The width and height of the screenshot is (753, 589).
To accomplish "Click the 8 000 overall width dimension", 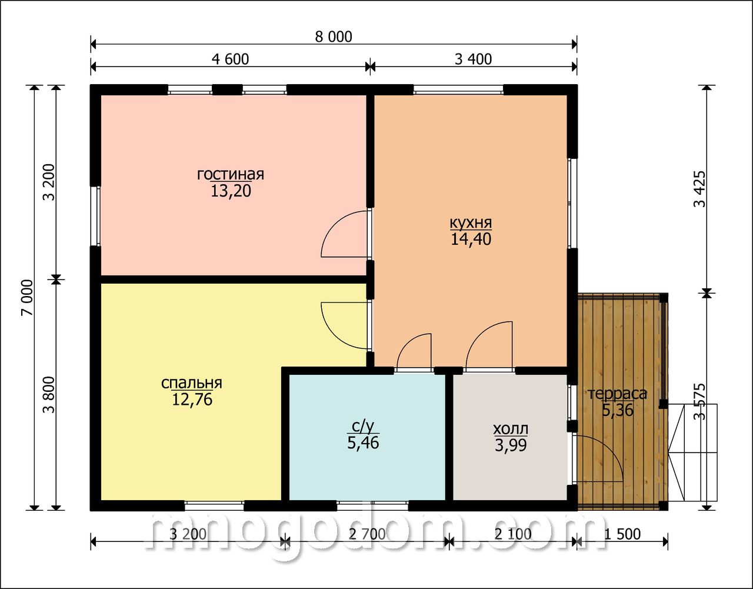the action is [334, 36].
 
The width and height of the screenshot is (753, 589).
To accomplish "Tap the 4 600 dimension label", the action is [230, 59].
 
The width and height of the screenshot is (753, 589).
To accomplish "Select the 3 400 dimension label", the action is [473, 59].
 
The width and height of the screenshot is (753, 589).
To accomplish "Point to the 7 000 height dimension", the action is [28, 297].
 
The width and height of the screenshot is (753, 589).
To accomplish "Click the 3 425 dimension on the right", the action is [699, 189].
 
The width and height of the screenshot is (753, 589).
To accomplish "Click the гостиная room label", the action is [231, 174].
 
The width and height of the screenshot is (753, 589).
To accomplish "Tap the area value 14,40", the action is [471, 239].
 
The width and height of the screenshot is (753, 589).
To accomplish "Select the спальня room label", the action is [192, 383].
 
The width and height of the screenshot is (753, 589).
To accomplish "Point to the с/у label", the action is [363, 427].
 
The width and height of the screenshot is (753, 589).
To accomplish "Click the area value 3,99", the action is [511, 445].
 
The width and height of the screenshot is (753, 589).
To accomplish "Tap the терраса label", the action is [618, 394].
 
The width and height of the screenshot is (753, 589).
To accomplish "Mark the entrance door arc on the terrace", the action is [609, 450].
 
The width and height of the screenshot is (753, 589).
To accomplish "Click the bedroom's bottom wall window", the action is [214, 506].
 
